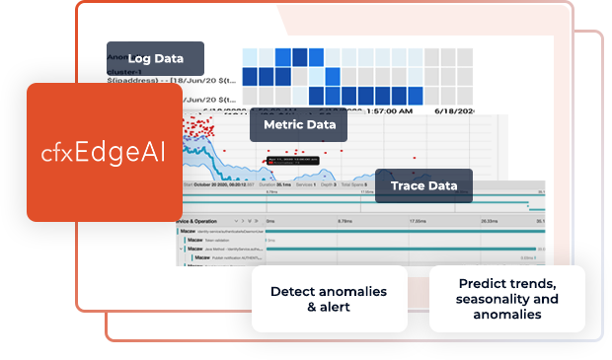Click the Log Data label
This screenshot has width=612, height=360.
155,59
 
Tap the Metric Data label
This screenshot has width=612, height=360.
299,125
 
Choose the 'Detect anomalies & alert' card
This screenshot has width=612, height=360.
329,299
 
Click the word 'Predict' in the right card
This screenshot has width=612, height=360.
482,283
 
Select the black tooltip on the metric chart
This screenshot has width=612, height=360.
294,159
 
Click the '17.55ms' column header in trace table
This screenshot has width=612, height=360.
423,222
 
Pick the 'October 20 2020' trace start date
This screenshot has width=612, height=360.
219,183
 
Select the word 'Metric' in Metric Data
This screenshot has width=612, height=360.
281,125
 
